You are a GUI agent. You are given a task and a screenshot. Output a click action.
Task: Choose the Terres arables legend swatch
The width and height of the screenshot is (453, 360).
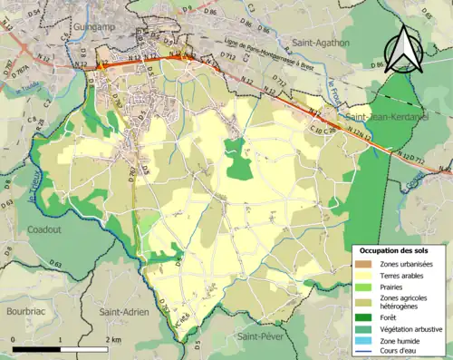pyautogui.click(x=367, y=274)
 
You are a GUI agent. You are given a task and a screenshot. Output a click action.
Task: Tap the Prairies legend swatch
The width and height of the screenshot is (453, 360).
pyautogui.click(x=367, y=285)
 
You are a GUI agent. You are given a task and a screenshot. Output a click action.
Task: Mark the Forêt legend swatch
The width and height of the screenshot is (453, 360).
pyautogui.click(x=367, y=317)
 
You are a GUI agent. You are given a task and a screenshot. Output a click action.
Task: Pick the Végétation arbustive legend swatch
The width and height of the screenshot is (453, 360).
pyautogui.click(x=367, y=328)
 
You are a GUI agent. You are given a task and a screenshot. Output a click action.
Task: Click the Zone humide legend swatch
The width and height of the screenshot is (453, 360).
pyautogui.click(x=367, y=339)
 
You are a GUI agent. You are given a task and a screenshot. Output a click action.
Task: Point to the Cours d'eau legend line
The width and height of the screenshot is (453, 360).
pyautogui.click(x=367, y=350)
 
